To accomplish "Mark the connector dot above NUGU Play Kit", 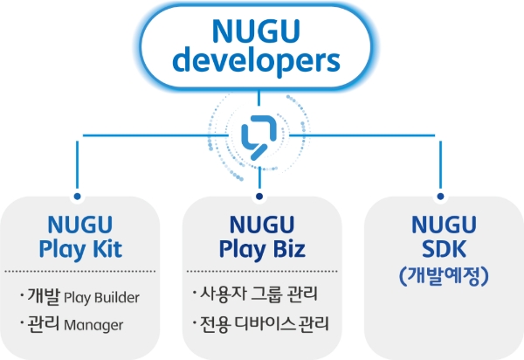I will pos(79,197).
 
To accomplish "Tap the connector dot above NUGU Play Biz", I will pos(259,197).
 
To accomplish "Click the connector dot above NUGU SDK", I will pos(441,197).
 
